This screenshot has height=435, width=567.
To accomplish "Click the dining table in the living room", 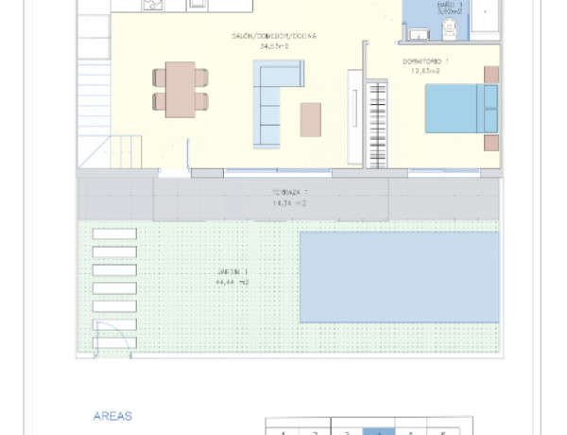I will (x=180, y=90).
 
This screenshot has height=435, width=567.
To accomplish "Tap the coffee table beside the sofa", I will (x=311, y=119).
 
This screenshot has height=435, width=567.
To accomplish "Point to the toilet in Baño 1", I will (x=450, y=29).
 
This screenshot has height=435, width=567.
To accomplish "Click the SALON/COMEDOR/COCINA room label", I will (x=274, y=37).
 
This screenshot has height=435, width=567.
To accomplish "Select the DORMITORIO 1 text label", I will (x=424, y=61).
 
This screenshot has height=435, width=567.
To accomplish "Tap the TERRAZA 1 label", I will (x=290, y=192).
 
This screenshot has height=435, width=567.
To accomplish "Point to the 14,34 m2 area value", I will (x=290, y=202).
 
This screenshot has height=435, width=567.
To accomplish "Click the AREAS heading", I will (x=112, y=415).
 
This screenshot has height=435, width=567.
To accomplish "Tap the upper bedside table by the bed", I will (x=490, y=74).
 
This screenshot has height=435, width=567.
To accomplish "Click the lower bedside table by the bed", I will (x=490, y=144).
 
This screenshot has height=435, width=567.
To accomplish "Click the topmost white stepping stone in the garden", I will (x=114, y=234).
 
